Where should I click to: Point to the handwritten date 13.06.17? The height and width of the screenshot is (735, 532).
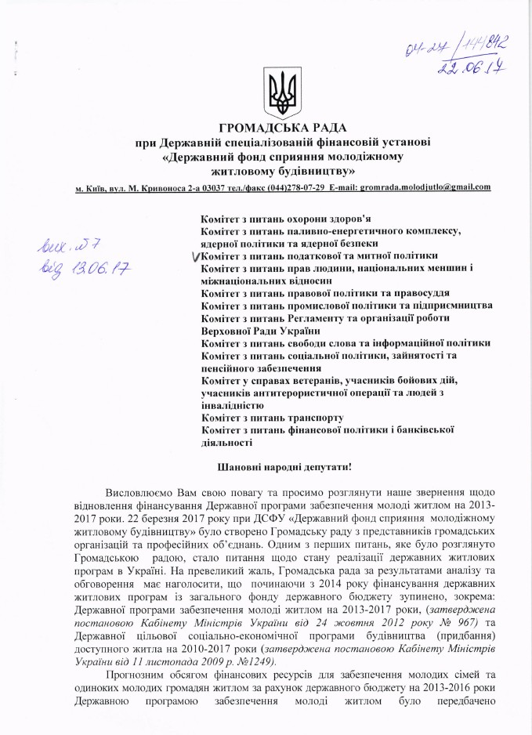(x=89, y=270)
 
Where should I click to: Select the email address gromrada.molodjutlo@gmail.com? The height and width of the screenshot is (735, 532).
(x=425, y=187)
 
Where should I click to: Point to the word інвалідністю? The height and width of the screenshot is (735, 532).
(x=233, y=406)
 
